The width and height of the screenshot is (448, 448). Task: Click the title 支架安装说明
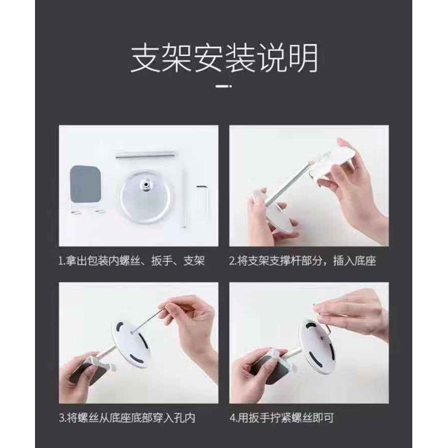click(224, 59)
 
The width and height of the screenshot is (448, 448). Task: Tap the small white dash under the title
click(224, 85)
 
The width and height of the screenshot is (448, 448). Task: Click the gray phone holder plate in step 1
click(85, 184)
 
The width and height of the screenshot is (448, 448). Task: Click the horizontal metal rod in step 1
click(146, 155)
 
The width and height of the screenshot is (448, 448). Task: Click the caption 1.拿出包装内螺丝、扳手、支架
click(132, 261)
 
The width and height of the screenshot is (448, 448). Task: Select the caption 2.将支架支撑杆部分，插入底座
click(302, 261)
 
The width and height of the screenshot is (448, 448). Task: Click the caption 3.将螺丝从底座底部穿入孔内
click(127, 418)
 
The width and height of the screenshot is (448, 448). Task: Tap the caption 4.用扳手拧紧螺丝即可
click(281, 418)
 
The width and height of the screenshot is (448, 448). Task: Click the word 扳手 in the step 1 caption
click(162, 261)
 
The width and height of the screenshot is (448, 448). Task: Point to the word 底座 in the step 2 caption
click(365, 261)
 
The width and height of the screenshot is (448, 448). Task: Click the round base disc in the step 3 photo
click(130, 344)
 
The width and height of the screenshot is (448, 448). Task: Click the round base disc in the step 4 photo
click(316, 345)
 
